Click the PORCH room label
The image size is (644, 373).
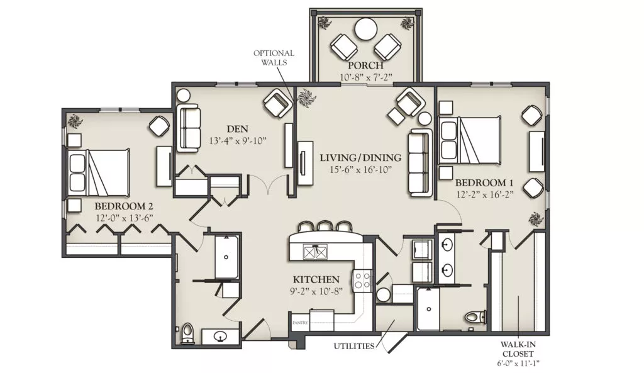pos(365,65)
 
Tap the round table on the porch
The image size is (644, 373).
pos(365,29)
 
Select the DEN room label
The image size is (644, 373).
pos(237,129)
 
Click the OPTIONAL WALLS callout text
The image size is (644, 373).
pos(274,57)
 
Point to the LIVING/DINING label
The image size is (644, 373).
pos(360,157)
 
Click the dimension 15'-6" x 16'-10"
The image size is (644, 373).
pos(360,169)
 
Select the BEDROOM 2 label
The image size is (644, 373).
pos(124,206)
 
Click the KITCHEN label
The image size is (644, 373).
pos(316,279)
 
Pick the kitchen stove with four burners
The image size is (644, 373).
pos(362,280)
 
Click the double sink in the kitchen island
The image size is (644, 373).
pos(316,252)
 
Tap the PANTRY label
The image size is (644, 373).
pos(300,323)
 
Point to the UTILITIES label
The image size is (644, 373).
pos(354,346)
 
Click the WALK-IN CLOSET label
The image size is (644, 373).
pos(518,349)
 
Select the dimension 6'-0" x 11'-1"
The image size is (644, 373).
pos(518,363)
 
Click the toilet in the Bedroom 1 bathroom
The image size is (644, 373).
pos(477,317)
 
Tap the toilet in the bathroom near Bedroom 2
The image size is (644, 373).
pos(187,332)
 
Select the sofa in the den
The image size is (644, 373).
pos(189,128)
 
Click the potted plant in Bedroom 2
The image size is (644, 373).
pos(75,121)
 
